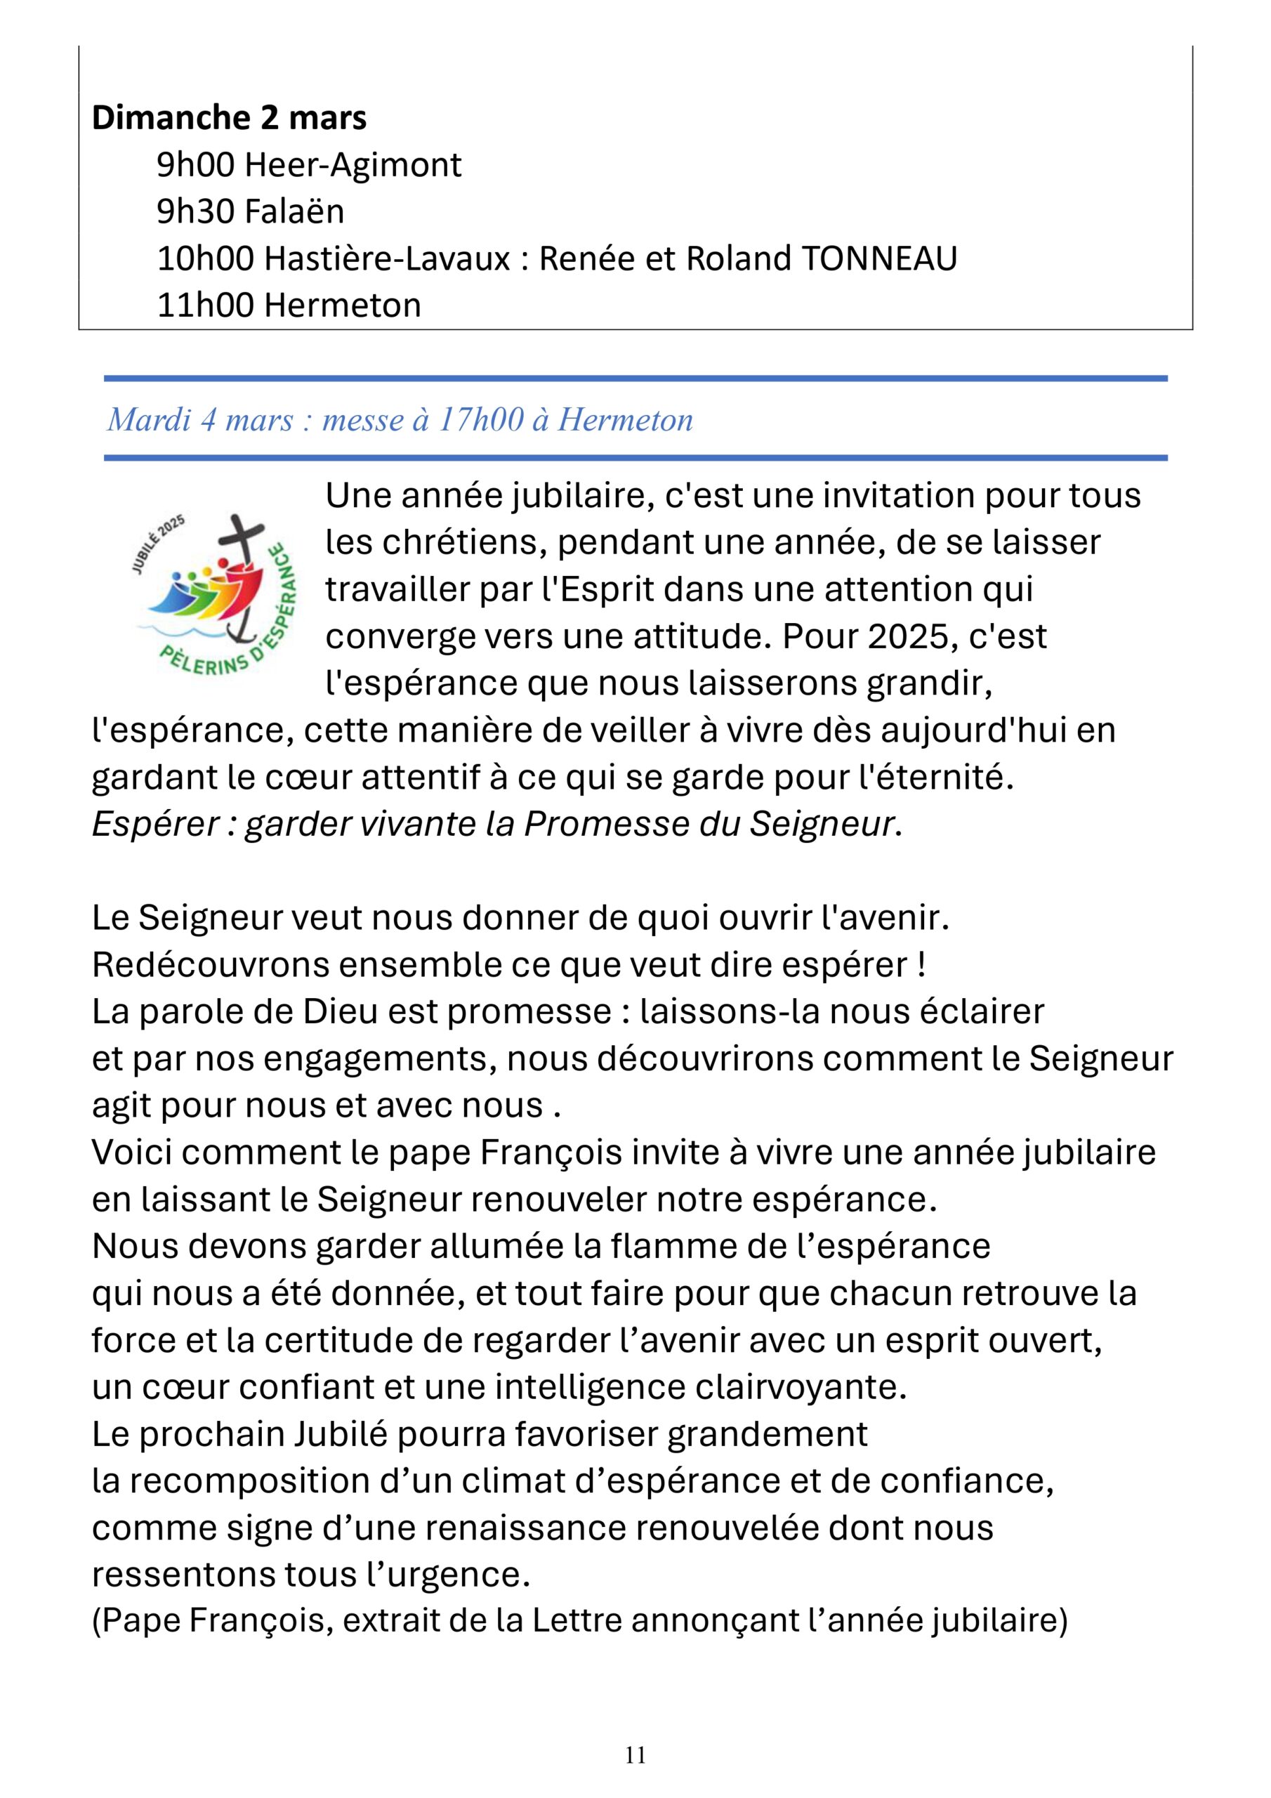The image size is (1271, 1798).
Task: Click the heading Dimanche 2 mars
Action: [229, 117]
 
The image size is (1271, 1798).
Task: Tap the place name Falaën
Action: [294, 211]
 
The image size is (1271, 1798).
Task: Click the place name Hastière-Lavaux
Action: [388, 258]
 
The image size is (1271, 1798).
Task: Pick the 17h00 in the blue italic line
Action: [480, 421]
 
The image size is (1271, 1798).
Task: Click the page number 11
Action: [635, 1755]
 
